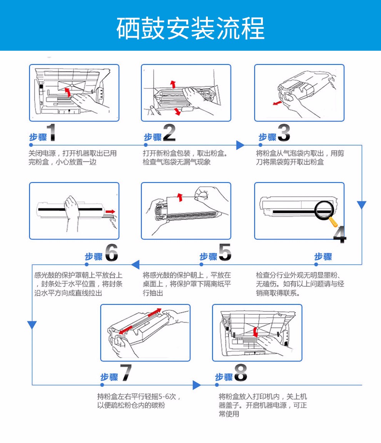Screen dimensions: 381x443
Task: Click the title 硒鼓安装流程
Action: [190, 28]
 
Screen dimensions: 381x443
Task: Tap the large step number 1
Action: [52, 132]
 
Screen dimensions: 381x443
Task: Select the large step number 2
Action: [169, 133]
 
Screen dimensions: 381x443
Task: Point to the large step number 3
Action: [284, 133]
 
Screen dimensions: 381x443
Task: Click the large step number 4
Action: [340, 234]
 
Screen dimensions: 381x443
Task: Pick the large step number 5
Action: [225, 252]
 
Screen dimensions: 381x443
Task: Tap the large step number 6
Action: [111, 252]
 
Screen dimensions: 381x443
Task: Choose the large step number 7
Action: [126, 372]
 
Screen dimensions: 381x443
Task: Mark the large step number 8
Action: [241, 372]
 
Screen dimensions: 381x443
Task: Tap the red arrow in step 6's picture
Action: [110, 211]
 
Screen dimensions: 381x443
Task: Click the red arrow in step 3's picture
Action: [277, 103]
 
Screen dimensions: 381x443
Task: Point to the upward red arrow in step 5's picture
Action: [179, 197]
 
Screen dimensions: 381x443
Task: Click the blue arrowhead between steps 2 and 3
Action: [240, 145]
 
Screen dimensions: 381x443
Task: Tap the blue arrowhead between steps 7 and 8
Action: [197, 385]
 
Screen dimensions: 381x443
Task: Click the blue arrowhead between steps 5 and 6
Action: [135, 264]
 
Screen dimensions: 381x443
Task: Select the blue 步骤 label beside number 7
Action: [109, 377]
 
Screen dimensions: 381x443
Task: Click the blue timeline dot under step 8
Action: [217, 385]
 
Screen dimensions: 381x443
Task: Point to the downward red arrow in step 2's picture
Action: [177, 111]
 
